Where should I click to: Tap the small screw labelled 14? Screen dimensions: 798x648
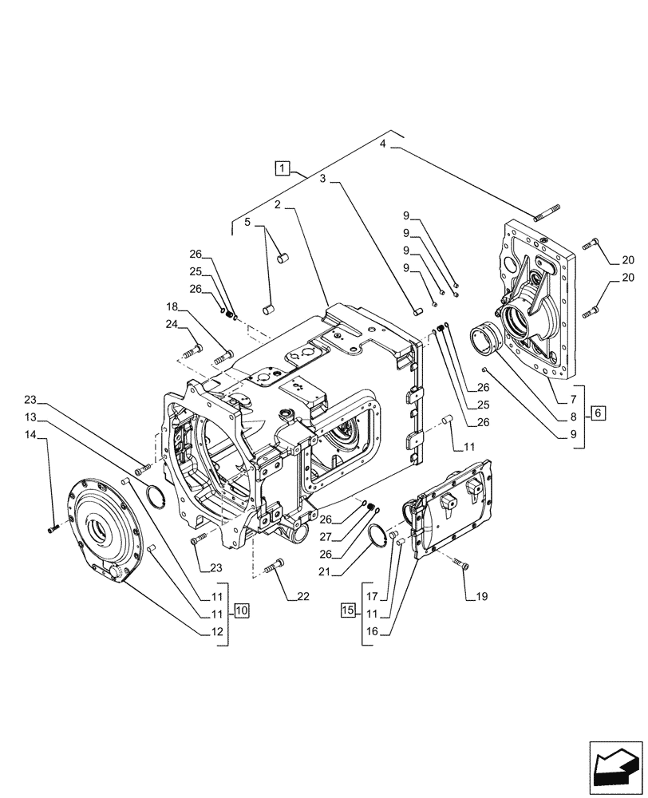(x=53, y=527)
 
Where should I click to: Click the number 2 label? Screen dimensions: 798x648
(x=276, y=206)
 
